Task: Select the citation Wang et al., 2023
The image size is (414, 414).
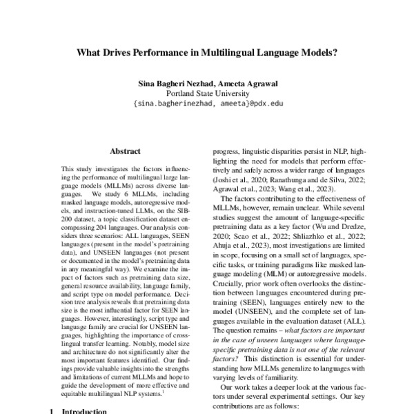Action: click(x=313, y=188)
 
